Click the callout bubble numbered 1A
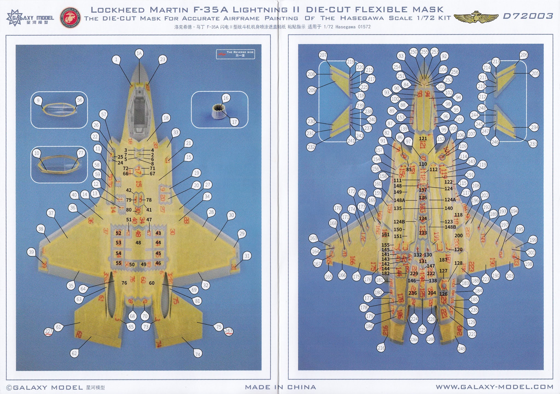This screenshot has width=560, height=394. [139, 54]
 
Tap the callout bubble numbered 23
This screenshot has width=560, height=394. [163, 60]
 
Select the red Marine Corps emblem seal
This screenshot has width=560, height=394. [70, 17]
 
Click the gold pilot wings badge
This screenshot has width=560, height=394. [476, 17]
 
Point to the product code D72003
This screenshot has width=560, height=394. [528, 16]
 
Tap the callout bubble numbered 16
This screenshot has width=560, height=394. [226, 98]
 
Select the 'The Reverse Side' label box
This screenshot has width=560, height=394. [235, 54]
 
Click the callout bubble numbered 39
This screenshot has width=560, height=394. [31, 252]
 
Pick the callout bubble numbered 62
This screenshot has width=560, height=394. [74, 353]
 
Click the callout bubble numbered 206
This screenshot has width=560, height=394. [524, 55]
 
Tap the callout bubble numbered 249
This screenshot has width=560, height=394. [461, 349]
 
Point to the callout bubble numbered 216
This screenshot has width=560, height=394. [381, 348]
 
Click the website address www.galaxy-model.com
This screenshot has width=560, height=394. [494, 387]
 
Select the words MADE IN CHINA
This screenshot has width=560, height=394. [280, 387]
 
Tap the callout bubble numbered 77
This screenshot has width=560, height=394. [81, 153]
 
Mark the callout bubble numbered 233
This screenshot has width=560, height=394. [533, 144]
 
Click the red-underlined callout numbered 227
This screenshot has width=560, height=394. [49, 332]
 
